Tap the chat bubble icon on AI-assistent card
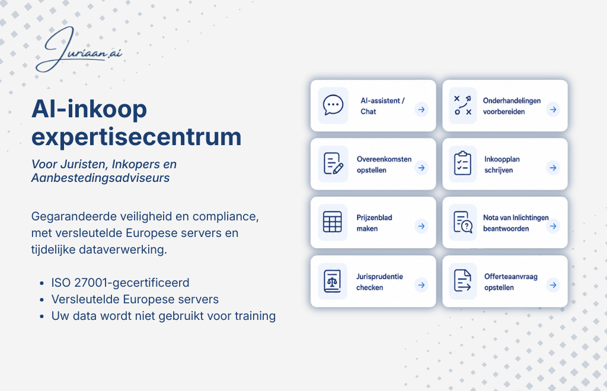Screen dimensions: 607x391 pos(333,105)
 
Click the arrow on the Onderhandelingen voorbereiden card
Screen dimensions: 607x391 pos(553,110)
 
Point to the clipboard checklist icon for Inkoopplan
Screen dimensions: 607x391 pos(462,163)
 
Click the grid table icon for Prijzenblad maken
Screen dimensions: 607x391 pos(333,222)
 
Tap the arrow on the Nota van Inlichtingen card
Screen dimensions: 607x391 pos(553,226)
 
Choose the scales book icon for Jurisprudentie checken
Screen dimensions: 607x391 pos(333,281)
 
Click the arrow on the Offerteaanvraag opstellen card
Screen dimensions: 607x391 pos(553,285)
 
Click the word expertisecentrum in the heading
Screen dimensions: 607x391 pos(136,137)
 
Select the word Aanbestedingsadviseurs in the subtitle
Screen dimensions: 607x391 pos(100,178)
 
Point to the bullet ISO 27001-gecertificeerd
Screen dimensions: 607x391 pos(120,283)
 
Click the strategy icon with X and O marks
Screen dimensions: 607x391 pos(462,105)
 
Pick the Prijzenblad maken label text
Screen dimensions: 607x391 pos(375,223)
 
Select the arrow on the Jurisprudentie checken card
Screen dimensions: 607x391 pos(421,285)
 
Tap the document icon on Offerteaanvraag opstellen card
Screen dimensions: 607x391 pos(462,280)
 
